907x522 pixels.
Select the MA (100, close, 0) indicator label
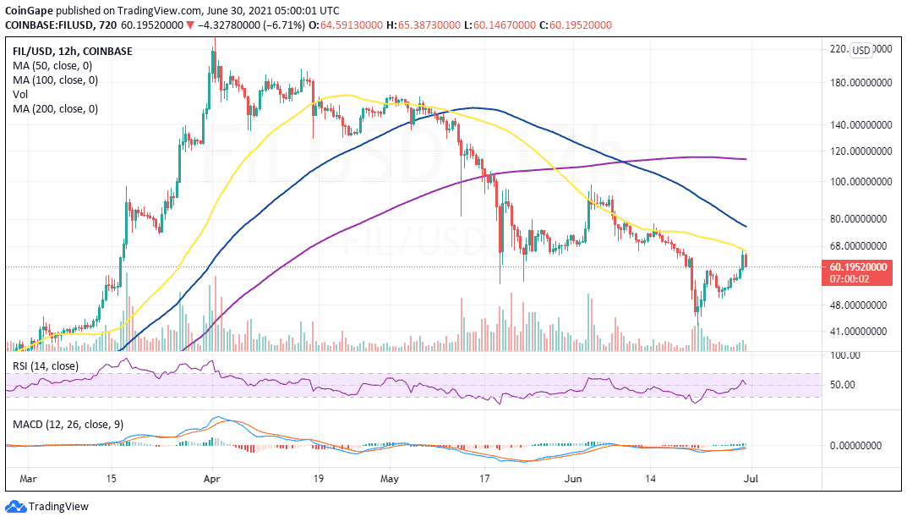pyautogui.click(x=55, y=80)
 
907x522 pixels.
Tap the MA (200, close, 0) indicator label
pyautogui.click(x=55, y=109)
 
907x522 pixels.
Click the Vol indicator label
pyautogui.click(x=20, y=94)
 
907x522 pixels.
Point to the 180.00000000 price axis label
pyautogui.click(x=861, y=83)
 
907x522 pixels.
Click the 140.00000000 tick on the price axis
pyautogui.click(x=861, y=125)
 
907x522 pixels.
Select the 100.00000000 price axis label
pyautogui.click(x=861, y=182)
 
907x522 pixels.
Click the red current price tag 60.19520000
pyautogui.click(x=858, y=267)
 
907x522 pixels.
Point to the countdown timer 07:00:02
pyautogui.click(x=850, y=279)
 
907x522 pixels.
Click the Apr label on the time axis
pyautogui.click(x=212, y=479)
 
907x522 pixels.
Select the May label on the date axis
pyautogui.click(x=390, y=479)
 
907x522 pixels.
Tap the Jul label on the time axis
pyautogui.click(x=751, y=479)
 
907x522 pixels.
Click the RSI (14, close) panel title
pyautogui.click(x=45, y=365)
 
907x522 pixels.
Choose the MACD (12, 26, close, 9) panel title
pyautogui.click(x=68, y=424)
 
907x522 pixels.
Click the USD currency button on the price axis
pyautogui.click(x=861, y=51)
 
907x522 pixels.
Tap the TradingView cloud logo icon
pyautogui.click(x=15, y=507)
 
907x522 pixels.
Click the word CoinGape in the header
pyautogui.click(x=29, y=10)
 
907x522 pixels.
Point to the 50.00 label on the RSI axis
pyautogui.click(x=842, y=385)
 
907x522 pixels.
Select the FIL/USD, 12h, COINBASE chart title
pyautogui.click(x=73, y=52)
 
